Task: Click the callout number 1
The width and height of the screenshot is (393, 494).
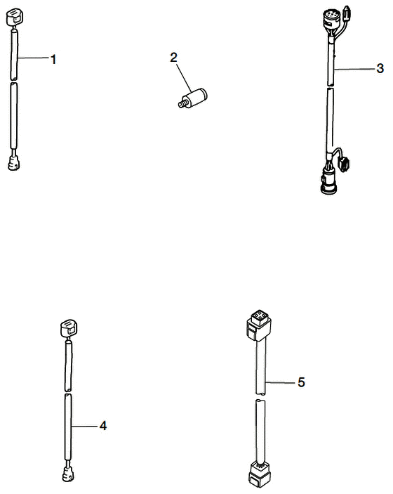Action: pos(53,60)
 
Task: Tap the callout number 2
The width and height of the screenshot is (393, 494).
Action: pos(173,58)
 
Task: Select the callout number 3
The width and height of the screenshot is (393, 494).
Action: pos(380,68)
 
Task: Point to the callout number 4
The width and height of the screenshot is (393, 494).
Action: pos(103,426)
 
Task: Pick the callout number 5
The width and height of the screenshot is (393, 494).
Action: pos(302,382)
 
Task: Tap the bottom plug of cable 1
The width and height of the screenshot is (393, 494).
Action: pos(14,162)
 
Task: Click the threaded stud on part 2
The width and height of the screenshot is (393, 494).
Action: pos(182,103)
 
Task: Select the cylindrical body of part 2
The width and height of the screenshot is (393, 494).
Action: pos(196,96)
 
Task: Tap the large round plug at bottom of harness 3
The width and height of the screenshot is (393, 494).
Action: pos(328,183)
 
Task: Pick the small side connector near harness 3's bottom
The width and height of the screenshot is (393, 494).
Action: pos(345,164)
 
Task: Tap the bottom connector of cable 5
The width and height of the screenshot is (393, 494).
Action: pos(259,474)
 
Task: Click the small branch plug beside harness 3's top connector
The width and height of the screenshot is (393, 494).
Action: pos(347,13)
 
